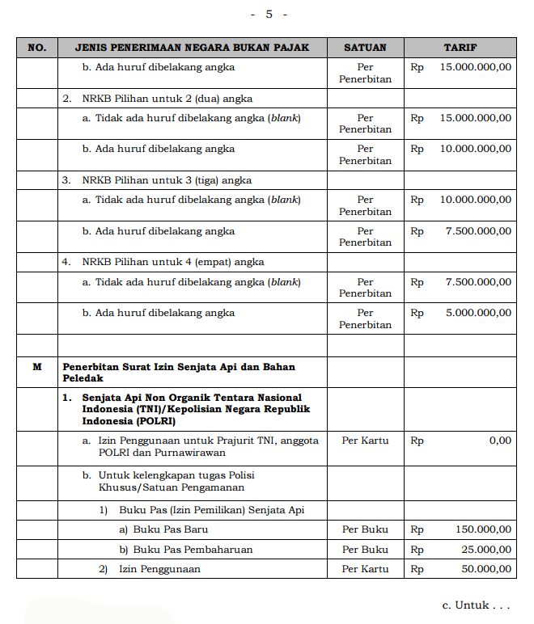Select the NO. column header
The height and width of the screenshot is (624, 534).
[36, 48]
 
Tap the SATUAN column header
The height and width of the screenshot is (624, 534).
[365, 48]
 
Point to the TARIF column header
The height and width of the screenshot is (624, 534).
[460, 48]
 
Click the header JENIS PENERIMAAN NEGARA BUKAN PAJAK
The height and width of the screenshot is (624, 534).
[192, 48]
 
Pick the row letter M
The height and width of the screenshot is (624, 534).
[36, 367]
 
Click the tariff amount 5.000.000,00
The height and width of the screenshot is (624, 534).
[478, 313]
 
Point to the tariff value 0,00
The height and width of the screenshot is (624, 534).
[499, 441]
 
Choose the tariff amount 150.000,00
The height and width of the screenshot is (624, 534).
[483, 529]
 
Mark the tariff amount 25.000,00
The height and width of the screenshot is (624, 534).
[486, 550]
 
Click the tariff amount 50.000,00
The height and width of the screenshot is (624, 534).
[486, 569]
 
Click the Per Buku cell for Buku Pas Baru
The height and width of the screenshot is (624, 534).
[365, 529]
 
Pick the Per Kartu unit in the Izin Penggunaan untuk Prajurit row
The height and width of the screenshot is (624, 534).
[365, 441]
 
